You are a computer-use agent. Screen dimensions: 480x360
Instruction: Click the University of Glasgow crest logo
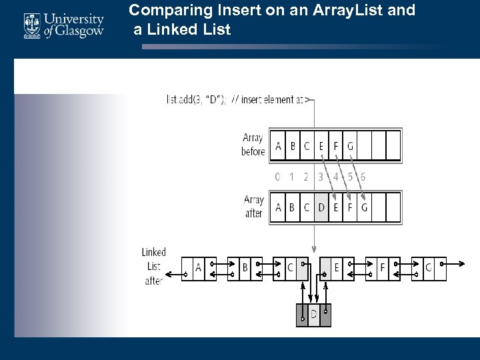(x=33, y=26)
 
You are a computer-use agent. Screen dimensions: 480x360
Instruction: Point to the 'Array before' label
(x=253, y=145)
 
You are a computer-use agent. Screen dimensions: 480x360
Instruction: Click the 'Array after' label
(x=253, y=207)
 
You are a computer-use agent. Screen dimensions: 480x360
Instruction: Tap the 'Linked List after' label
(x=153, y=267)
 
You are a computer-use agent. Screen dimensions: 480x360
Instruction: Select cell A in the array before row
(x=278, y=146)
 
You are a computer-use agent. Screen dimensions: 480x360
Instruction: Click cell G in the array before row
(x=351, y=146)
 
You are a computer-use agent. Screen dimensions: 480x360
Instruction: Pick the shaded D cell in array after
(x=321, y=207)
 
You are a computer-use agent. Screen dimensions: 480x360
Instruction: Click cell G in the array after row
(x=365, y=207)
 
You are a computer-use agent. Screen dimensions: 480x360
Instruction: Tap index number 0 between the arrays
(x=277, y=177)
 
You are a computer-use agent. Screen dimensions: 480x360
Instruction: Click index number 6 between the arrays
(x=363, y=177)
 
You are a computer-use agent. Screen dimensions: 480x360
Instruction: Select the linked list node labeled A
(x=198, y=268)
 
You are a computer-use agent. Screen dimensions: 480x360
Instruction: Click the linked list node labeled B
(x=245, y=268)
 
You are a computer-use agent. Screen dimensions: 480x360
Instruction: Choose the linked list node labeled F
(x=382, y=268)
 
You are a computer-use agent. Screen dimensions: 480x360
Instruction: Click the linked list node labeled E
(x=336, y=268)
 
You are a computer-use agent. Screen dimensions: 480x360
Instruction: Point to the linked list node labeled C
(x=290, y=268)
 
